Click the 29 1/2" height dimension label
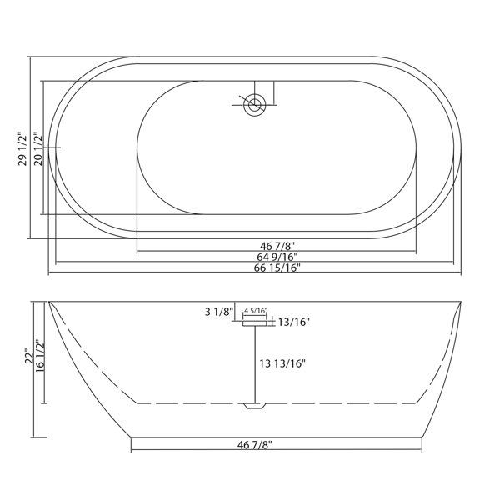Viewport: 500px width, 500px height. [x=22, y=148]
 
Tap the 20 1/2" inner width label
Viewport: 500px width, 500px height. [x=37, y=148]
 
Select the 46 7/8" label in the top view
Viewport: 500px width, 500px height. [x=277, y=246]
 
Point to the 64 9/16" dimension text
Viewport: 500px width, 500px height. [x=277, y=257]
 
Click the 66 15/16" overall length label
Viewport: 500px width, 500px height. [x=277, y=267]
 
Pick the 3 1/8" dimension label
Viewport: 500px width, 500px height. [x=219, y=311]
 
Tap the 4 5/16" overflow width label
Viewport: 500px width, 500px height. [x=256, y=310]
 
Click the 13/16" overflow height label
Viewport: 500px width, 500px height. [x=294, y=322]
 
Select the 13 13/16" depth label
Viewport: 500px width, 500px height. [x=282, y=363]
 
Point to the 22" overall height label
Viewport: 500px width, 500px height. [x=29, y=356]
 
